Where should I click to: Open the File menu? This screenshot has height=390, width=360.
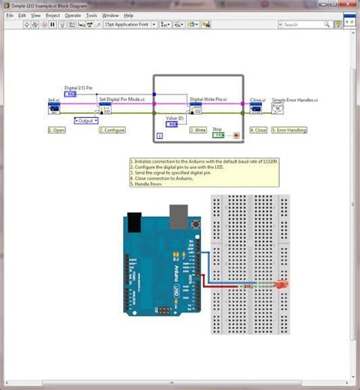click(x=10, y=15)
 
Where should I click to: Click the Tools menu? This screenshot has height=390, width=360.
click(x=91, y=15)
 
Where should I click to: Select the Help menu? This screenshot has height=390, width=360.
click(x=128, y=15)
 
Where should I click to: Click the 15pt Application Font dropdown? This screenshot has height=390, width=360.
click(x=130, y=24)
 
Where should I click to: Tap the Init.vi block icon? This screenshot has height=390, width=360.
click(x=54, y=109)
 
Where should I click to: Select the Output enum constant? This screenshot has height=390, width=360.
click(x=86, y=120)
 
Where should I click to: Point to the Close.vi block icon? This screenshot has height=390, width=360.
click(x=256, y=109)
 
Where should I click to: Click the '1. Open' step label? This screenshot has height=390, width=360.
click(x=57, y=130)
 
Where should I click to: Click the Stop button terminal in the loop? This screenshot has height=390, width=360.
click(x=218, y=136)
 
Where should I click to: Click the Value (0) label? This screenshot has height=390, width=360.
click(x=175, y=118)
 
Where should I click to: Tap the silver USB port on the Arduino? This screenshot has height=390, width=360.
click(x=178, y=218)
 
